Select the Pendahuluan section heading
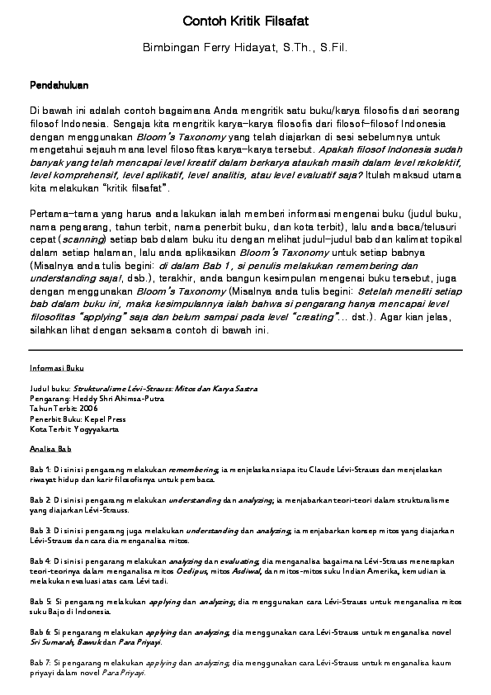pos(59,85)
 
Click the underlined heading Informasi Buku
pos(56,368)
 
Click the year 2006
pos(89,409)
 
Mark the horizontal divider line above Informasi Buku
pos(245,349)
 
